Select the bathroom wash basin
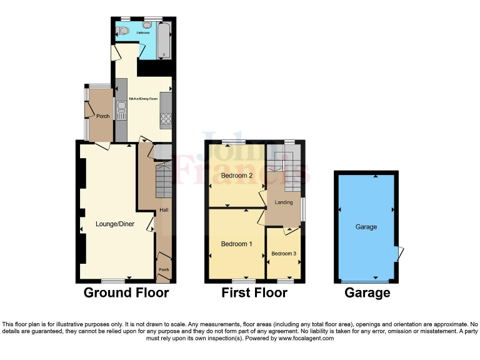(x=148, y=25)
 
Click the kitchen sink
(x=120, y=111)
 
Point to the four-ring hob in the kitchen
(x=166, y=117)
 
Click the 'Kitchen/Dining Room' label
(x=143, y=99)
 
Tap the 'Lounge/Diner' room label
(x=113, y=223)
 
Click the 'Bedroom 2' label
(x=237, y=176)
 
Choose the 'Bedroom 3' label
(x=284, y=254)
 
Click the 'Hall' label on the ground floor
(x=164, y=210)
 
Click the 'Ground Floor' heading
(x=126, y=292)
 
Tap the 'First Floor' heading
(x=254, y=292)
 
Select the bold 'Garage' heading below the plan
(x=367, y=292)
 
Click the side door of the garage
(x=399, y=253)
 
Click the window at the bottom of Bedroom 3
(x=285, y=282)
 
